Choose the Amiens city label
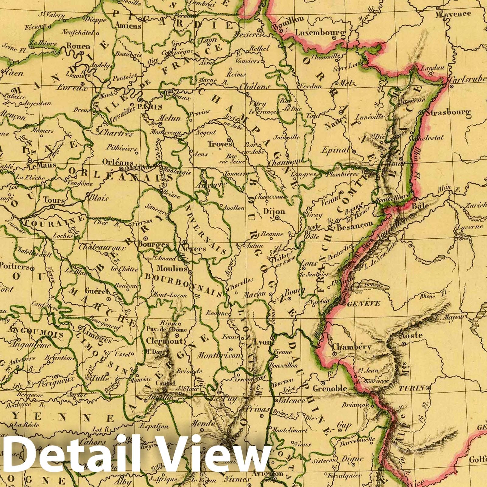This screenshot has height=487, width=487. tap(128, 26)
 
